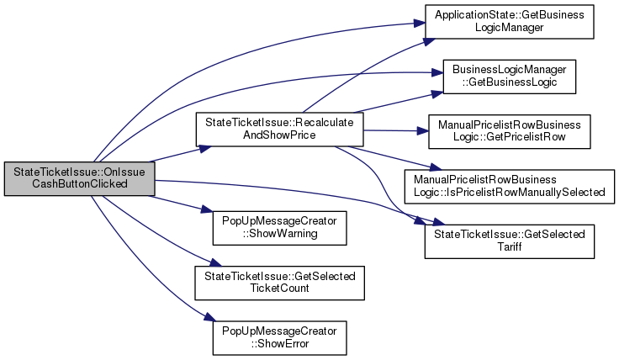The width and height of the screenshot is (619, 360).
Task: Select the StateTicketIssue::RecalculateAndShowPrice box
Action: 278,129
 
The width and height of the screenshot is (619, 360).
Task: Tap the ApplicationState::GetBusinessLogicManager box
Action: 511,21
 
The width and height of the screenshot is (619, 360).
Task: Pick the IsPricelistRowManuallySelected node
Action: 509,186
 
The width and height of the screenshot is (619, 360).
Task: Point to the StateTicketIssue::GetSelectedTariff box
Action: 509,240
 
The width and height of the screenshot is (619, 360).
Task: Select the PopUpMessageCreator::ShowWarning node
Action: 278,226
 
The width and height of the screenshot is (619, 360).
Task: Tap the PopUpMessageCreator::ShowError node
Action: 278,334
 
